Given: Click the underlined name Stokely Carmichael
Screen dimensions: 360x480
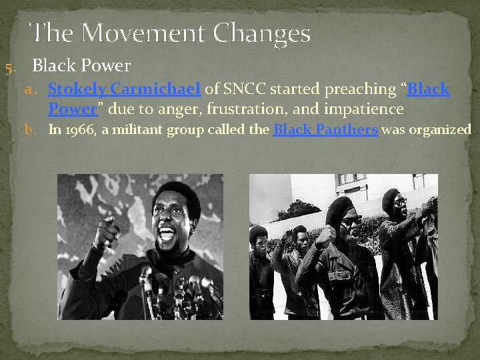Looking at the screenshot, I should [x=125, y=89].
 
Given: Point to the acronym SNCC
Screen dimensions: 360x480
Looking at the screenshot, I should [x=243, y=89].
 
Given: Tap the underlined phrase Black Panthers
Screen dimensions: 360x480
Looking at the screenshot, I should [x=325, y=130].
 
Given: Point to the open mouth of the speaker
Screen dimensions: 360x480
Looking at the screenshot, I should [x=166, y=234].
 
